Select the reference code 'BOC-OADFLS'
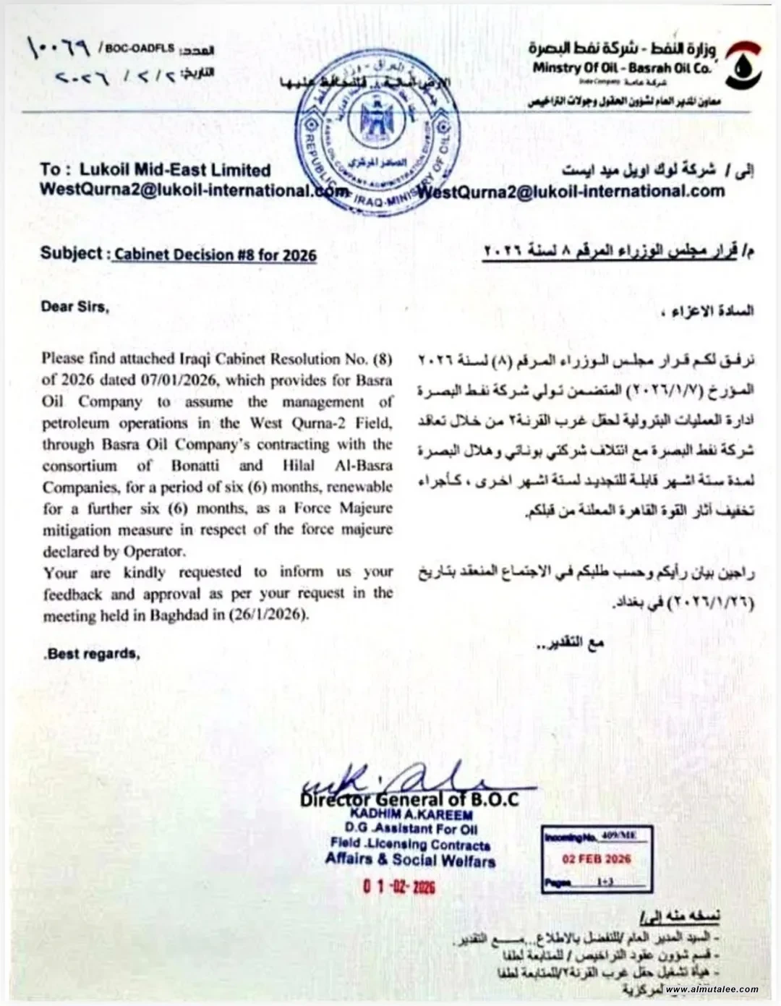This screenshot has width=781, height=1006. coord(140,48)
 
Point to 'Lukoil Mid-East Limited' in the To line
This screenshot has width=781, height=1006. coord(175,170)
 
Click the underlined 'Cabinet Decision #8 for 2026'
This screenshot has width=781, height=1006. coord(215,255)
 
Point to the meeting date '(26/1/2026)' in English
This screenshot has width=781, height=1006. coord(269,615)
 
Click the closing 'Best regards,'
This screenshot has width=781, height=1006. coord(92,654)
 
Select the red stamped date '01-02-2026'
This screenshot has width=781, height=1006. coord(399,887)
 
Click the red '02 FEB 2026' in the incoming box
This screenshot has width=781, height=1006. coord(597,859)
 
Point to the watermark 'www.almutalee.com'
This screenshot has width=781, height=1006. coord(712,989)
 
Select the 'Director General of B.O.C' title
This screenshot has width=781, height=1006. coord(410,799)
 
